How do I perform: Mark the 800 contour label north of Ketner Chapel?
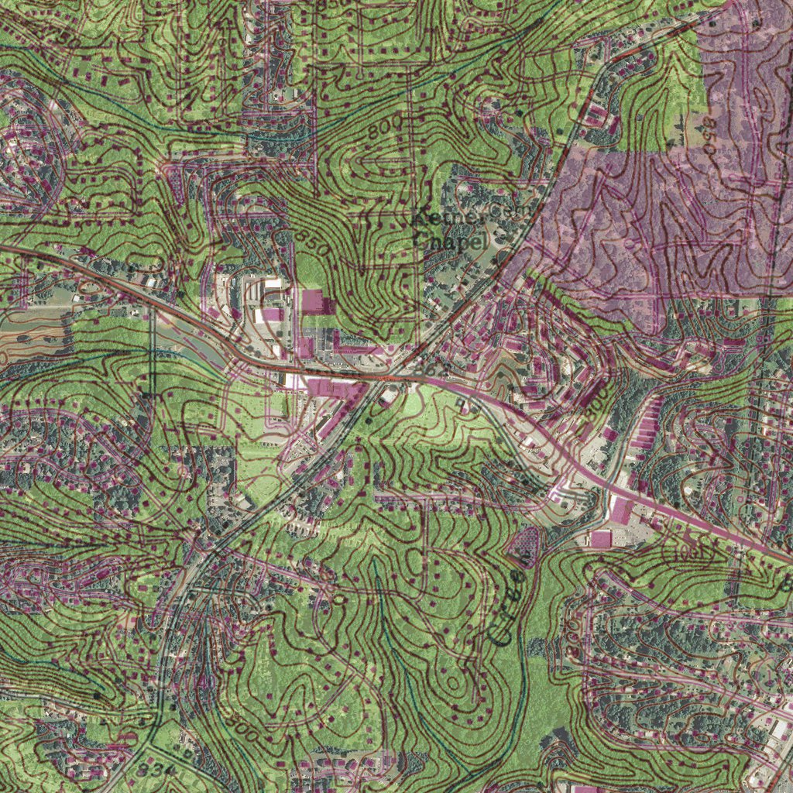pos(385,129)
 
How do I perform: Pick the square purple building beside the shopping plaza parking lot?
pos(601,538)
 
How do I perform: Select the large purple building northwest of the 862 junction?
pos(312,302)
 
